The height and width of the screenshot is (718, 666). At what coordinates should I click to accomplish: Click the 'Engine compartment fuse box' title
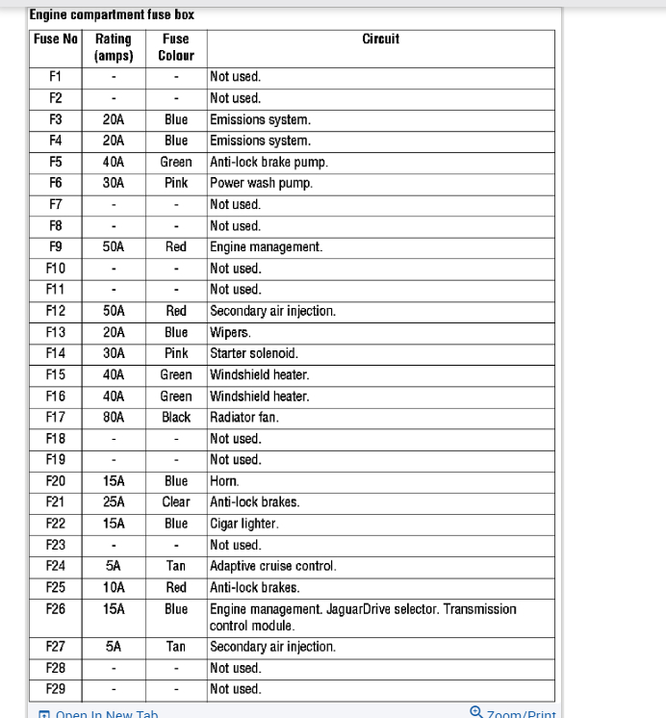pyautogui.click(x=112, y=15)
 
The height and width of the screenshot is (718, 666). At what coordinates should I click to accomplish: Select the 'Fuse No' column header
pyautogui.click(x=56, y=39)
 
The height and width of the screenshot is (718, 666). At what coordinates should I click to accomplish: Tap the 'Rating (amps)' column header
pyautogui.click(x=114, y=47)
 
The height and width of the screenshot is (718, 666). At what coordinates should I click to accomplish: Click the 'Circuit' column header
pyautogui.click(x=380, y=39)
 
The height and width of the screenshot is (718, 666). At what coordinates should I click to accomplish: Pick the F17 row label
pyautogui.click(x=56, y=418)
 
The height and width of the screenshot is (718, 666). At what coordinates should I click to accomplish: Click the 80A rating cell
pyautogui.click(x=114, y=418)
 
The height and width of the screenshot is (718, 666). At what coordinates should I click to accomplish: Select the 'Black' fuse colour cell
pyautogui.click(x=176, y=418)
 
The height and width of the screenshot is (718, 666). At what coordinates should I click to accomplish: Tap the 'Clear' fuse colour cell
pyautogui.click(x=176, y=502)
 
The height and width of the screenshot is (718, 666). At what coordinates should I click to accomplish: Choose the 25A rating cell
pyautogui.click(x=114, y=502)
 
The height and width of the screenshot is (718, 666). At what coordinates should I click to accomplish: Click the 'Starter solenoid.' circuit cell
pyautogui.click(x=253, y=353)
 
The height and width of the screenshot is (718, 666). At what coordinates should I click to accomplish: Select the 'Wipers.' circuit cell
pyautogui.click(x=230, y=332)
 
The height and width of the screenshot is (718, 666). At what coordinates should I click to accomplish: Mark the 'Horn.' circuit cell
pyautogui.click(x=224, y=481)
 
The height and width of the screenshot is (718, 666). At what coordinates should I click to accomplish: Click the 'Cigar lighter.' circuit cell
pyautogui.click(x=244, y=524)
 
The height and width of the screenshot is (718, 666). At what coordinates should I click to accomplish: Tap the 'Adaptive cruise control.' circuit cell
pyautogui.click(x=272, y=566)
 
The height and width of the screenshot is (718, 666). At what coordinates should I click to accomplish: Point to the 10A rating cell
pyautogui.click(x=114, y=587)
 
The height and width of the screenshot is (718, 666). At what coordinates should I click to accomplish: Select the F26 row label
pyautogui.click(x=56, y=609)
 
